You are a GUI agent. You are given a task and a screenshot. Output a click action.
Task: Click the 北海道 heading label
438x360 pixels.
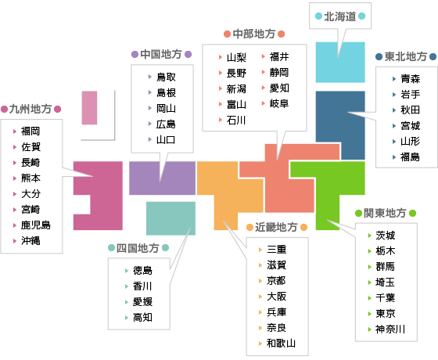click(340, 16)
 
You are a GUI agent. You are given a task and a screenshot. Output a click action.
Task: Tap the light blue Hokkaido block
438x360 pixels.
click(340, 62)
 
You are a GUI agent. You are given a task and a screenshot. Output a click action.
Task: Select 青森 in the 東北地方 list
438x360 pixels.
click(411, 79)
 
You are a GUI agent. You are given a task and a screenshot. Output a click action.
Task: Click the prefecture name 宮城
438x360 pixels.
click(411, 126)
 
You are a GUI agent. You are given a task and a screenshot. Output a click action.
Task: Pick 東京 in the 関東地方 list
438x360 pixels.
click(386, 313)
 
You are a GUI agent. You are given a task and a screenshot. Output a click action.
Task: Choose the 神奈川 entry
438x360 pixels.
click(390, 329)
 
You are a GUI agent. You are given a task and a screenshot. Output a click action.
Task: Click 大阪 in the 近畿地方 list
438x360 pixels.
click(277, 297)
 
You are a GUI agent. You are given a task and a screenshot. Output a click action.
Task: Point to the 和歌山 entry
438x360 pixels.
click(281, 343)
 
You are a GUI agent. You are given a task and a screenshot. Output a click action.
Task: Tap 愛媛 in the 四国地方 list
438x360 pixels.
click(142, 302)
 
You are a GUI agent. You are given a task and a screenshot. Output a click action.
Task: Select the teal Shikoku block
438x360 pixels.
click(171, 218)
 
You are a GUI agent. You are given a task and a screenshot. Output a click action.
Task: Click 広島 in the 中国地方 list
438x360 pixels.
click(166, 124)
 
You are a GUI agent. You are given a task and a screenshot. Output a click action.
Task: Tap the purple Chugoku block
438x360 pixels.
click(162, 178)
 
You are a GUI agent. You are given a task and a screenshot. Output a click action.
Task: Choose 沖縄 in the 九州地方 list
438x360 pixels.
click(31, 241)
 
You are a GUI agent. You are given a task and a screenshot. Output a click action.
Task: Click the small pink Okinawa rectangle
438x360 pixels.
click(89, 108)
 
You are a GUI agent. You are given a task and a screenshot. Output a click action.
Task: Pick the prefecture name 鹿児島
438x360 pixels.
click(36, 225)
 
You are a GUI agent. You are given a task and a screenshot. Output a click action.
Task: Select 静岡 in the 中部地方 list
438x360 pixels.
click(279, 72)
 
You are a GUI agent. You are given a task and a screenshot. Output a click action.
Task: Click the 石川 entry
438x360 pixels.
click(236, 121)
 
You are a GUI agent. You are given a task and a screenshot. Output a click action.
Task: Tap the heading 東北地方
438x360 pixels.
click(406, 56)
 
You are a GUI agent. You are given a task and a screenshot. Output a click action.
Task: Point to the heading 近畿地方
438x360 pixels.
click(276, 227)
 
